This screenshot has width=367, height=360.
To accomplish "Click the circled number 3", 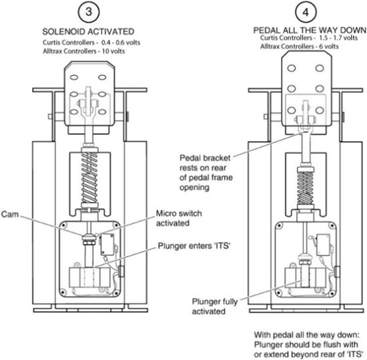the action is (89, 12).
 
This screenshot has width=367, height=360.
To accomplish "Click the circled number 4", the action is (306, 12).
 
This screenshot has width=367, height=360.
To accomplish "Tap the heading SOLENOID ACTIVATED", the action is (88, 31).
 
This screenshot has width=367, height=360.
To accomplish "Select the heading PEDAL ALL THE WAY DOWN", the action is (310, 30).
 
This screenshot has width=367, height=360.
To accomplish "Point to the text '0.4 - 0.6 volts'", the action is (121, 43).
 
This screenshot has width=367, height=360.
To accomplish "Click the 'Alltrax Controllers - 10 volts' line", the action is (84, 51).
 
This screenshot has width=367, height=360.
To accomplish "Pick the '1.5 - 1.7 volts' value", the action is (338, 37).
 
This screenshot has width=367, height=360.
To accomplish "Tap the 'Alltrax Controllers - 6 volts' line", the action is (300, 46).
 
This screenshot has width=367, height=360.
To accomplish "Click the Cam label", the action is (9, 214).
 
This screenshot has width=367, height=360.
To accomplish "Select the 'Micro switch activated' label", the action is (179, 218).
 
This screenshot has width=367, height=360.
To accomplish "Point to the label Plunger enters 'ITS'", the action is (194, 246).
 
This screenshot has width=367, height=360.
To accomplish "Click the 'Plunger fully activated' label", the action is (215, 307).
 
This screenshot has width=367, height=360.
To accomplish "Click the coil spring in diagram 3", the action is (89, 178).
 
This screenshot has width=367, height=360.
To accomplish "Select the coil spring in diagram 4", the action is (305, 188).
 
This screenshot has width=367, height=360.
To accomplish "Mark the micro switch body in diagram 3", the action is (107, 245).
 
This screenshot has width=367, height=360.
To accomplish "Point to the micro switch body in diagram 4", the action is (323, 245).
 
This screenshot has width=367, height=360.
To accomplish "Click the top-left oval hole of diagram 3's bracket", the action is (74, 77).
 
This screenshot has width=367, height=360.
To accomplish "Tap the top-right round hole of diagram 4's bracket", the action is (320, 68).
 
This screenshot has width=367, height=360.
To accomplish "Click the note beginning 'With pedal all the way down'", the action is (308, 344).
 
